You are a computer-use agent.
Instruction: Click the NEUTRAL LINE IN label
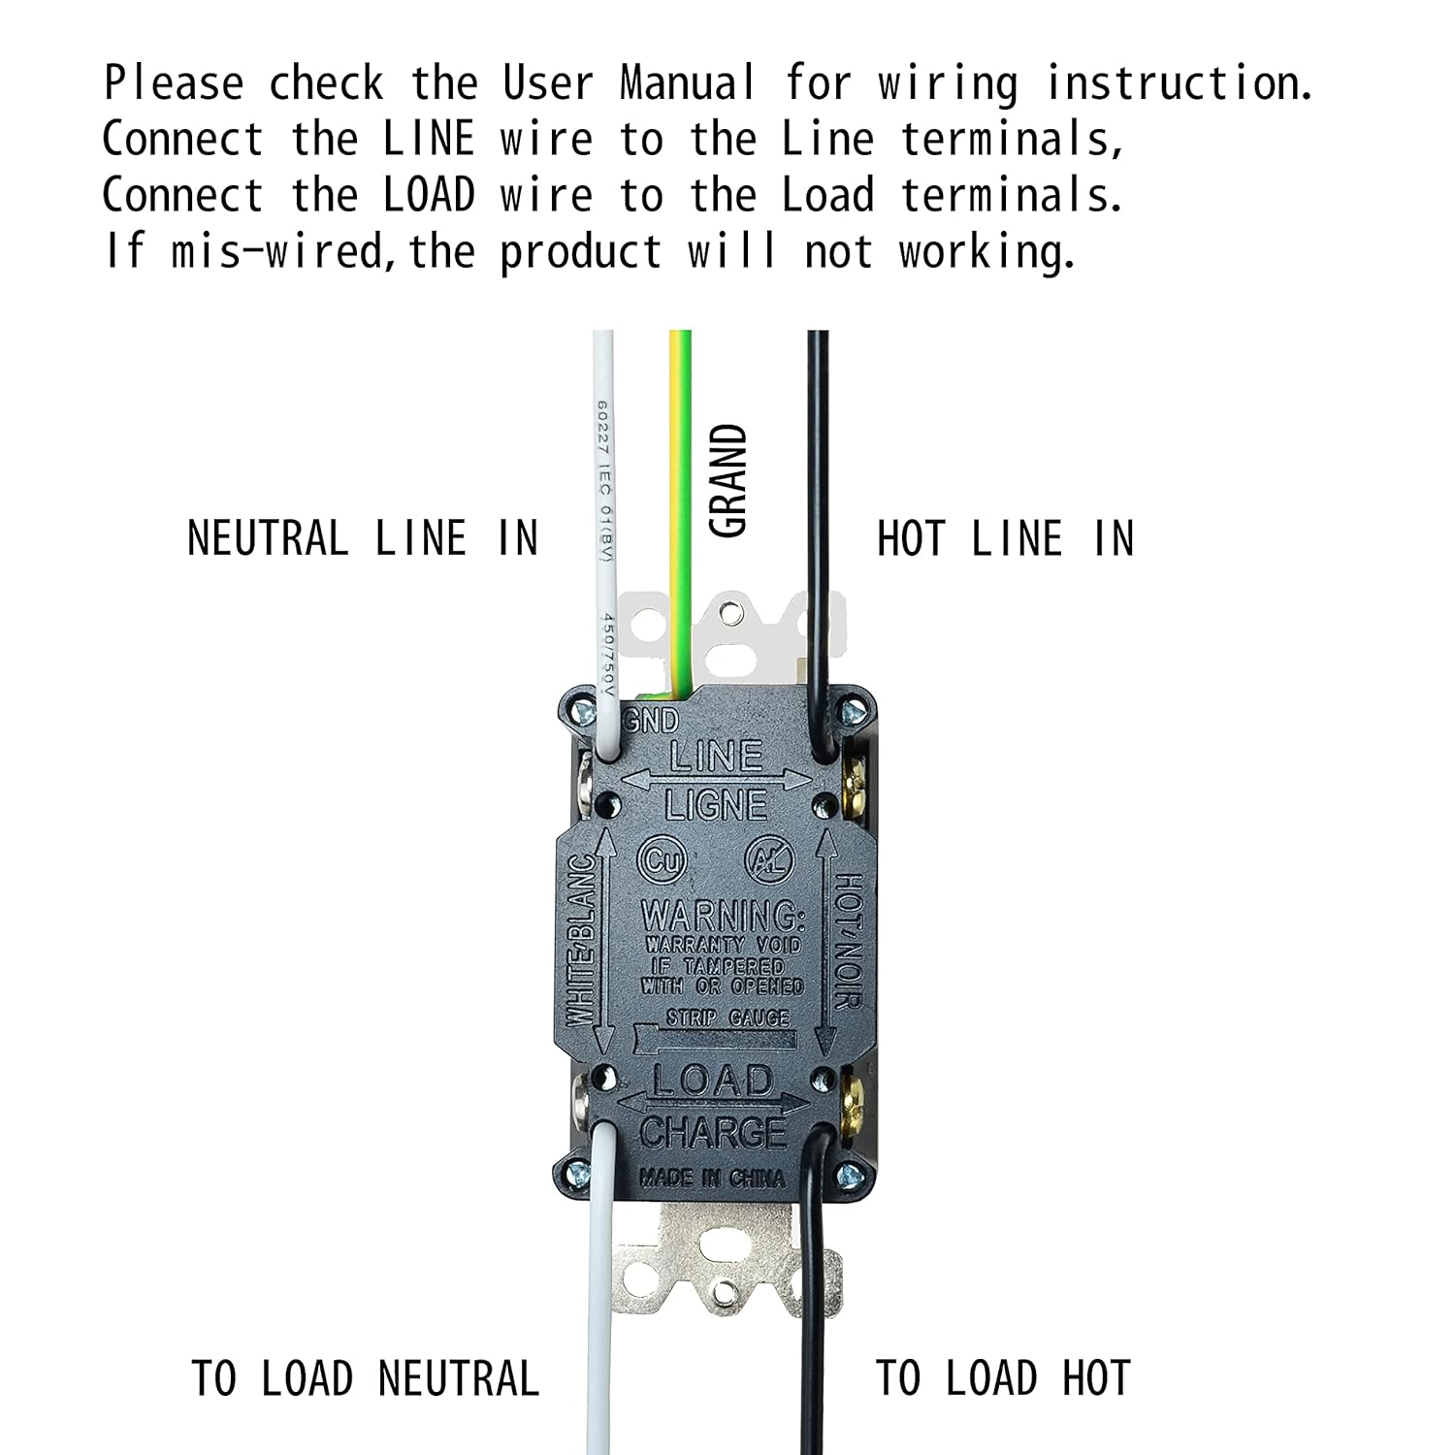pos(362,538)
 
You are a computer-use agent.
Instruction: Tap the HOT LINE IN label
pos(1005,538)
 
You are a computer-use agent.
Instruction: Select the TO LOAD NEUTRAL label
pos(365,1378)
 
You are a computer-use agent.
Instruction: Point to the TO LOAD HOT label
pos(1003,1378)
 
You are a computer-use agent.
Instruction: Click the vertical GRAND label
pos(728,480)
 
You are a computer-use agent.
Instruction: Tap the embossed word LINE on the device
pos(716,756)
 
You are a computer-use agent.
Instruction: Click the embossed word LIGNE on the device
pos(716,804)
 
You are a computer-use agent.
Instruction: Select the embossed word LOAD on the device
pos(712,1081)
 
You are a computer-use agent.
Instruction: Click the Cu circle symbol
pos(662,860)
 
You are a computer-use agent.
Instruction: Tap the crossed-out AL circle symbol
pos(769,860)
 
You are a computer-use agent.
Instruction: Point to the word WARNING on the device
pos(723,915)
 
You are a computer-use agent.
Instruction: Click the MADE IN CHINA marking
pos(712,1178)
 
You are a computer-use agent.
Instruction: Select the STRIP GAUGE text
pos(727,1018)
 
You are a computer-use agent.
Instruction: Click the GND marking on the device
pos(651,721)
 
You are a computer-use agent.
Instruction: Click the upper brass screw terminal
pos(857,776)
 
